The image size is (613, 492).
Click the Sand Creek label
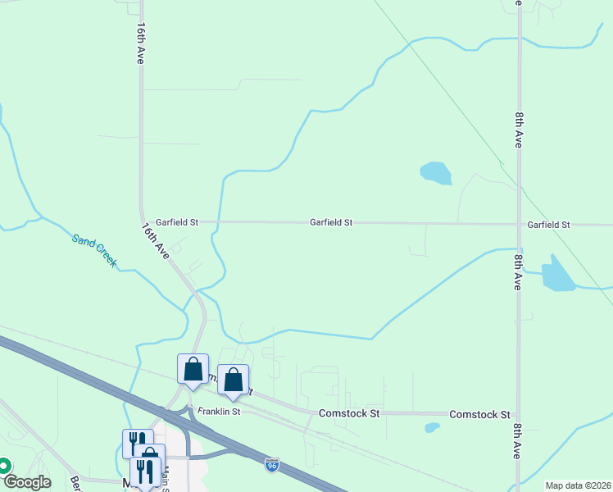pos(94,251)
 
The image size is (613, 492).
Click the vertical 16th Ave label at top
pos(141,43)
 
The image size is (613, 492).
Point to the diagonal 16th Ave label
pos(155,241)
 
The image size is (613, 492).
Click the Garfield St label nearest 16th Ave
pos(177,222)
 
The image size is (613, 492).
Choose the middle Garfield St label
pos(331,222)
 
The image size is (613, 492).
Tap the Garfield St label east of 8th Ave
pos(549,224)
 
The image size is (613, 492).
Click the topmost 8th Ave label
pos(519,130)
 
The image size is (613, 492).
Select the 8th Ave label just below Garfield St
pos(519,271)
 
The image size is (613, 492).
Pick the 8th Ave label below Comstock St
pos(518,441)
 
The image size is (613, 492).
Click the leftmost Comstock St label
pos(350,414)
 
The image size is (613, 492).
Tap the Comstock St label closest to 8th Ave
pos(480,415)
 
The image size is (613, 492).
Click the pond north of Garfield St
pos(435,173)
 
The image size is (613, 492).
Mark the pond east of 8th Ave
pos(558,275)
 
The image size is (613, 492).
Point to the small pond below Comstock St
pos(432,427)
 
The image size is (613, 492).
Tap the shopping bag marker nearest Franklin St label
pos(233,379)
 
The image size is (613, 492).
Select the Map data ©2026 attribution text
pos(578,485)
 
